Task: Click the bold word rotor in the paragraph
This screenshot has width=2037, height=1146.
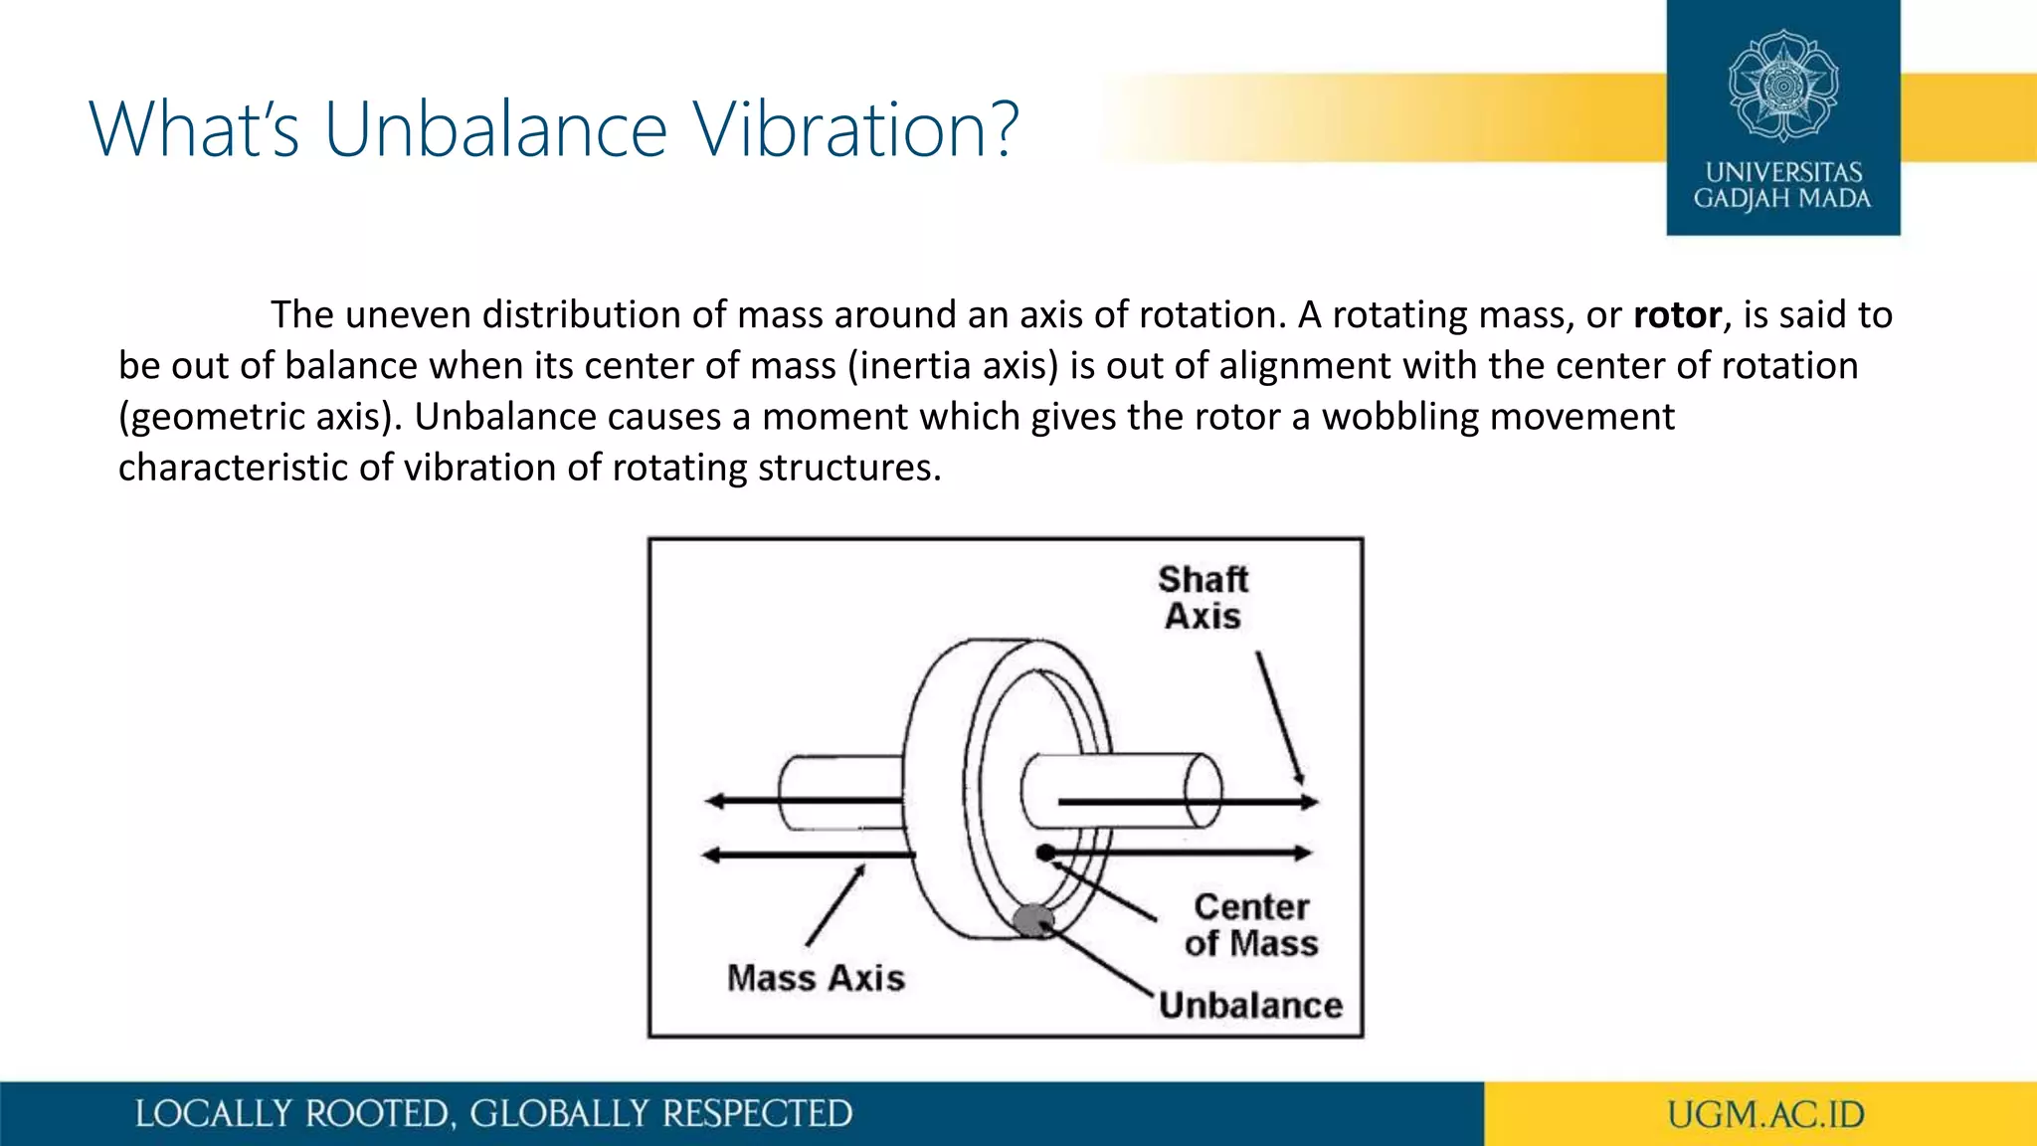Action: (1677, 315)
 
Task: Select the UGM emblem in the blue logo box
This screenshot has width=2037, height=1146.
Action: (1782, 86)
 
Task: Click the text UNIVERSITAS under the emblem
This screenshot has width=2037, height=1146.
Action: (1783, 172)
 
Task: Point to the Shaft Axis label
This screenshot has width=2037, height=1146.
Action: (1203, 598)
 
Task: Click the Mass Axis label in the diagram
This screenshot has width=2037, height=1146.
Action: (816, 978)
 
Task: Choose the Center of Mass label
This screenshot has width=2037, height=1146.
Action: (1251, 925)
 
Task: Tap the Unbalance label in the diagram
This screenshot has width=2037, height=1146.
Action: (1250, 1006)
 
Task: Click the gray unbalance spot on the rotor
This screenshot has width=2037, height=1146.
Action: (1033, 920)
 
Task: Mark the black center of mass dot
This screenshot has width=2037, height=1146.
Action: (1044, 853)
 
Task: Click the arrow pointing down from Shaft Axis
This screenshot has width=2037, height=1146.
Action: (1280, 718)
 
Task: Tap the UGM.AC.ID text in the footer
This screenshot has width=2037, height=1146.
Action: (1765, 1114)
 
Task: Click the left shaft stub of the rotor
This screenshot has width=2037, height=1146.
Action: (840, 793)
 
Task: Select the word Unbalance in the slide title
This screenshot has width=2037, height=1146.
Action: (495, 129)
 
